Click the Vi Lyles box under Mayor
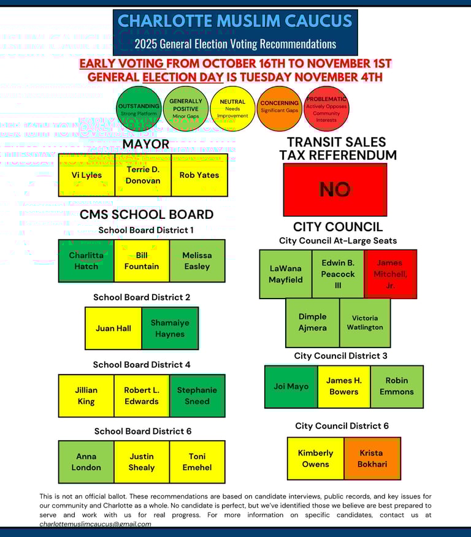point(86,175)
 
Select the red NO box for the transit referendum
point(335,189)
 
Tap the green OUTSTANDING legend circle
point(139,110)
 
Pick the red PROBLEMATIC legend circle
point(326,109)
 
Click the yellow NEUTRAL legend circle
point(232,109)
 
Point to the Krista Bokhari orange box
point(372,459)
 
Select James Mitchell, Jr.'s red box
point(390,274)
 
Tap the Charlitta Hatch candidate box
point(86,261)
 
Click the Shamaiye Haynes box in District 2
point(170,328)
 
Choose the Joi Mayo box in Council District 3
point(291,387)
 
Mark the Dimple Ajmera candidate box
point(312,322)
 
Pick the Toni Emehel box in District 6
point(197,462)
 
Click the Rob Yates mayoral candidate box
point(199,175)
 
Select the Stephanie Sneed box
point(197,395)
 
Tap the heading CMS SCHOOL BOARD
point(147,215)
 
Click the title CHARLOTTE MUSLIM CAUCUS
point(235,20)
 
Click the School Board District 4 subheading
point(142,364)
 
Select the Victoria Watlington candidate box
point(365,322)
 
